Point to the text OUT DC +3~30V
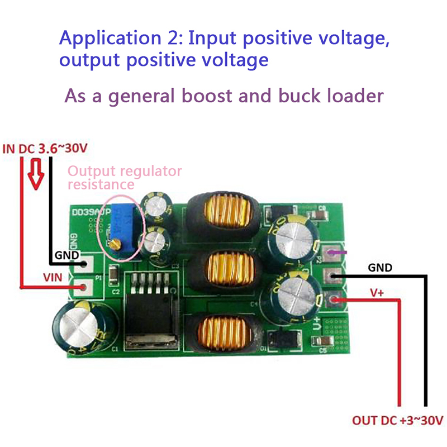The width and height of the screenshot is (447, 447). click(x=398, y=420)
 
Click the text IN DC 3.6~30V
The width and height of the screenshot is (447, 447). click(x=45, y=149)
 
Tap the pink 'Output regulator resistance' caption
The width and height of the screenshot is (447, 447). click(x=124, y=177)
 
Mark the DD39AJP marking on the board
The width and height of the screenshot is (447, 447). click(x=92, y=212)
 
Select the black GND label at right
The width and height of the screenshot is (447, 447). click(x=380, y=268)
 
